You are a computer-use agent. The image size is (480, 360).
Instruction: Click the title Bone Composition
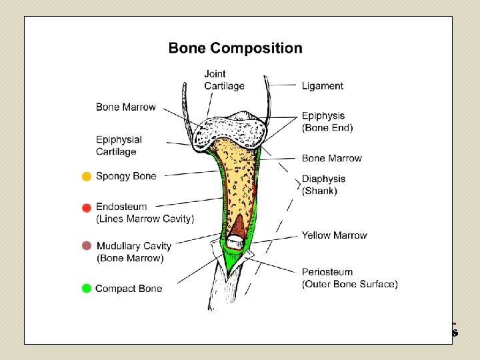(235, 48)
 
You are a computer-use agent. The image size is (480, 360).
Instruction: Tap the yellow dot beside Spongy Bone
(87, 177)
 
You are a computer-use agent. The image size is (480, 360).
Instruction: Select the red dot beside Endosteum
(87, 208)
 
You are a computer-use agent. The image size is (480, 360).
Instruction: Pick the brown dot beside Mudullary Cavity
(87, 246)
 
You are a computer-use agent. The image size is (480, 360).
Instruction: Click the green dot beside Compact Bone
(87, 289)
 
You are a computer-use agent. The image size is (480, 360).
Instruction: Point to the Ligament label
(323, 86)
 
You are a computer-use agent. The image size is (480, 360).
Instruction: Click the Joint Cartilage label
(224, 80)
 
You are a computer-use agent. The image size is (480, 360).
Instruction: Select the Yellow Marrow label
(334, 235)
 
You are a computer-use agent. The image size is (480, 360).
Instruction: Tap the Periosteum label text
(327, 272)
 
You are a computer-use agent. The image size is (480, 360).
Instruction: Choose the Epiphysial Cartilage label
(119, 145)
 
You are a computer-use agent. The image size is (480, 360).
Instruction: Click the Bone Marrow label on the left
(125, 107)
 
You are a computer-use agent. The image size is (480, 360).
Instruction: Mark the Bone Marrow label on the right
(331, 159)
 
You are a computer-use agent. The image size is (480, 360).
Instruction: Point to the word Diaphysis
(323, 179)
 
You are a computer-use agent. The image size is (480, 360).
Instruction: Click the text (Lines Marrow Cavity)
(145, 219)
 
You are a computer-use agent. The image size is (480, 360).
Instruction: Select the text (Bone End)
(327, 127)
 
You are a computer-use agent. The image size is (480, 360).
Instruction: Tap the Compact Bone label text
(129, 289)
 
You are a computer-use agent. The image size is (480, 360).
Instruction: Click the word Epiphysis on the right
(323, 116)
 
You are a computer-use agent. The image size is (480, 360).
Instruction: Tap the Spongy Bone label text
(126, 177)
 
